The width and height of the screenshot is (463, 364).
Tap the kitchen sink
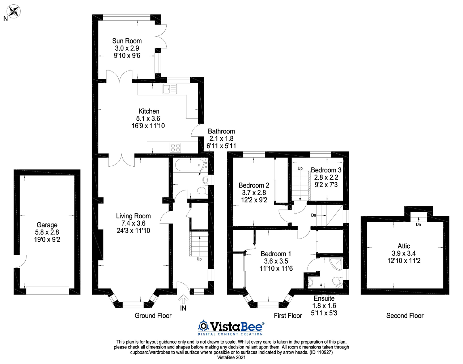[170, 89]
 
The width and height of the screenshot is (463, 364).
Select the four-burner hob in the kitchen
[175, 147]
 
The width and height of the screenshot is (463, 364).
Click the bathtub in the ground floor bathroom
[190, 166]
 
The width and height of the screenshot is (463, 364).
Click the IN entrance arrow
[183, 300]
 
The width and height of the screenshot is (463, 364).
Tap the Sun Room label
[127, 41]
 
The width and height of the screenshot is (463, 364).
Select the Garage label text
[47, 225]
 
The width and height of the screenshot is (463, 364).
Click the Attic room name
[404, 246]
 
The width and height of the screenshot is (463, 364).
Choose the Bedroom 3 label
[326, 170]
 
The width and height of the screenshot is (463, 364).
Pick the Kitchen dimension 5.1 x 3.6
[148, 119]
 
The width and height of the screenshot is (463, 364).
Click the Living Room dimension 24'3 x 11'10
[133, 231]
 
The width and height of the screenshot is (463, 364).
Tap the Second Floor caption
[405, 316]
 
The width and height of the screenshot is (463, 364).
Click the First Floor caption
[288, 316]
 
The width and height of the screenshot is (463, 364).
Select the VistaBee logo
[231, 327]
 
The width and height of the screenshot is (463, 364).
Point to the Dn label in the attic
[418, 224]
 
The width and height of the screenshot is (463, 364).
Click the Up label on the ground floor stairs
[199, 259]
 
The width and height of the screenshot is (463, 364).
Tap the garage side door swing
[21, 261]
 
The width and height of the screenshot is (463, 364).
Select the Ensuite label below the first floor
[324, 298]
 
